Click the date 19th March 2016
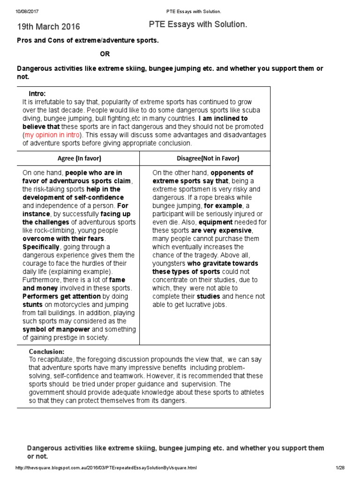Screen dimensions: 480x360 pos(49,27)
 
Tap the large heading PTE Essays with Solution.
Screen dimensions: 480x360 pos(198,25)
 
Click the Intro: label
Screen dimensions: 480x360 pos(37,94)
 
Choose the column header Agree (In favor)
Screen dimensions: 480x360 pos(79,158)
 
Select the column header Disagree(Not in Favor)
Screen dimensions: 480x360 pos(205,158)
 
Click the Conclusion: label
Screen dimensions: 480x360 pos(47,351)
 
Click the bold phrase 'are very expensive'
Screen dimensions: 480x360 pos(221,231)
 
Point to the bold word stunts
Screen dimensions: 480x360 pos(33,304)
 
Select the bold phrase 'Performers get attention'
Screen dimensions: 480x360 pos(61,296)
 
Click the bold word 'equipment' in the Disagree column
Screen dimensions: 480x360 pos(215,222)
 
